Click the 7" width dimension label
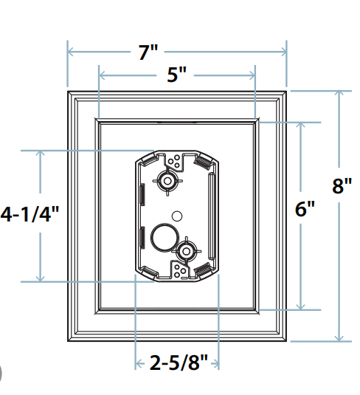[x=148, y=52]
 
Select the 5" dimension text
[x=176, y=75]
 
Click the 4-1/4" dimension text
[x=29, y=214]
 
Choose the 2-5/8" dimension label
[x=177, y=363]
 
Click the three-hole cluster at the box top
[x=176, y=162]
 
